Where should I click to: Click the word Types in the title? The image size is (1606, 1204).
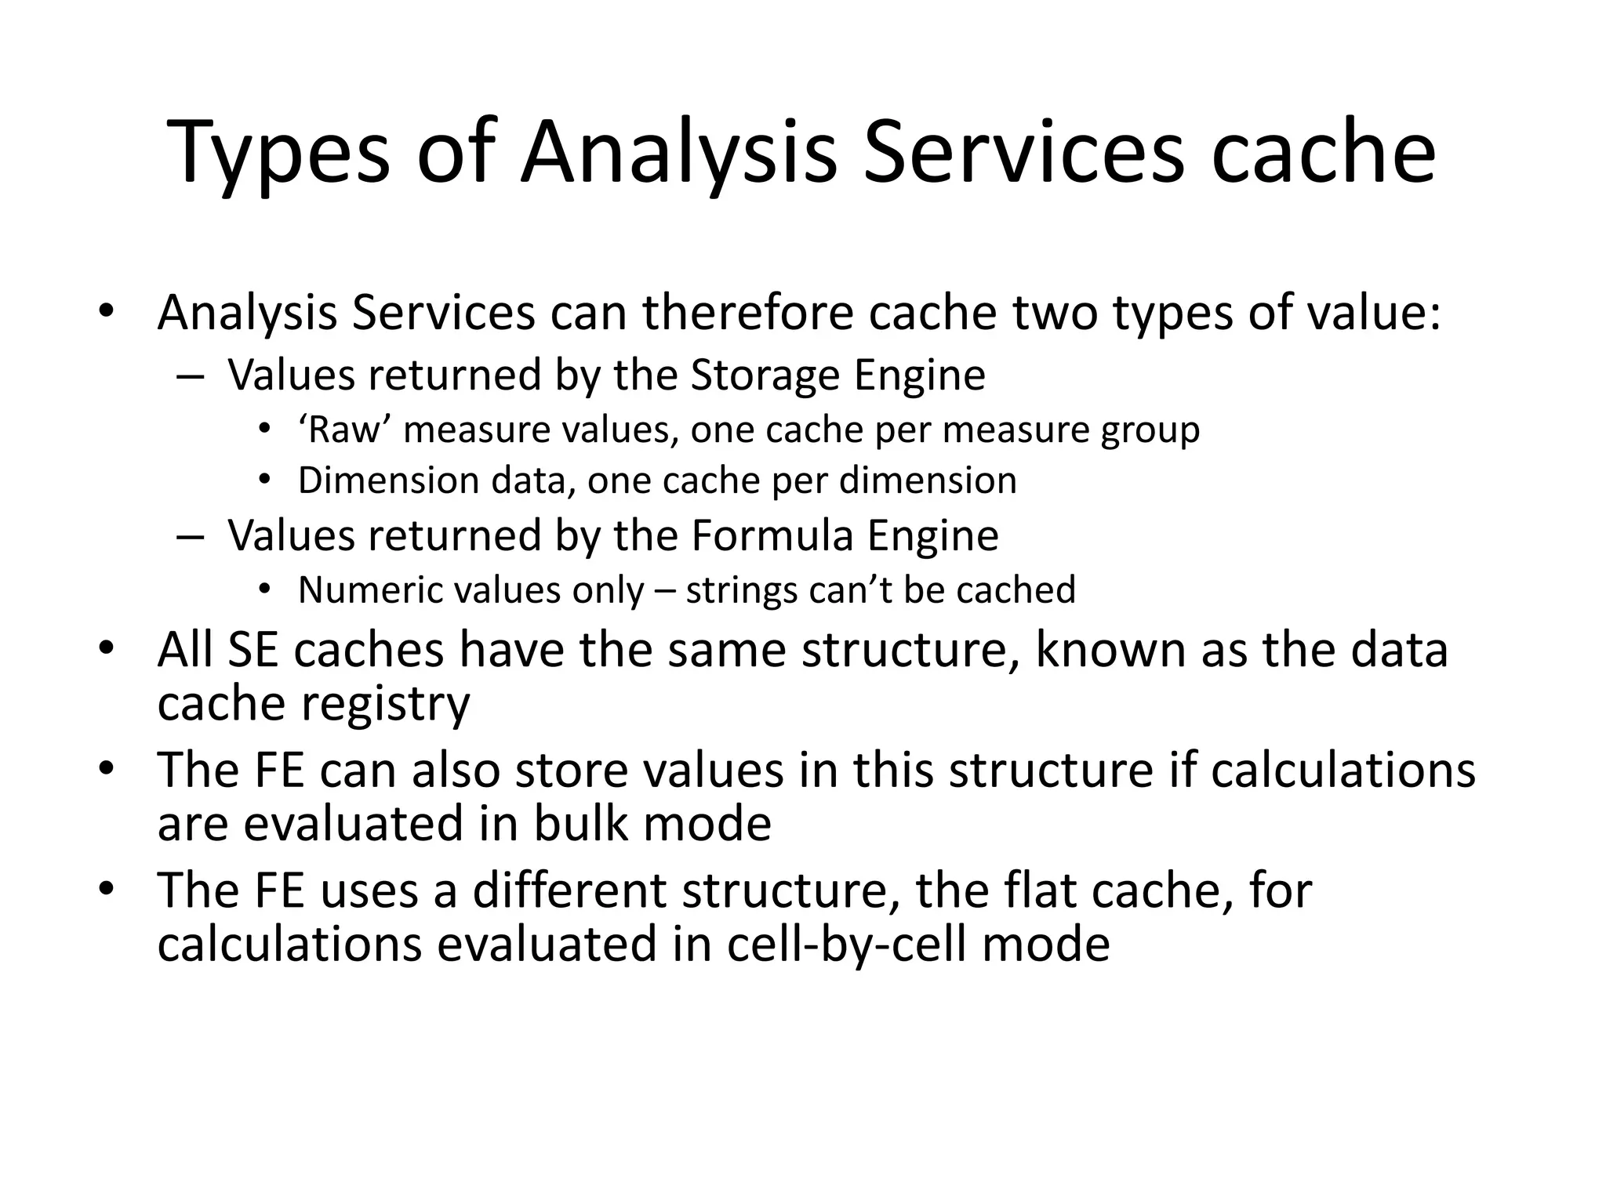click(x=279, y=154)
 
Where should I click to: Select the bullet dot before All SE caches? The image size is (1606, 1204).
click(x=107, y=650)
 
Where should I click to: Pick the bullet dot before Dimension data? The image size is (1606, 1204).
click(x=265, y=480)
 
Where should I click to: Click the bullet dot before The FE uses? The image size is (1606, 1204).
click(x=107, y=890)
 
